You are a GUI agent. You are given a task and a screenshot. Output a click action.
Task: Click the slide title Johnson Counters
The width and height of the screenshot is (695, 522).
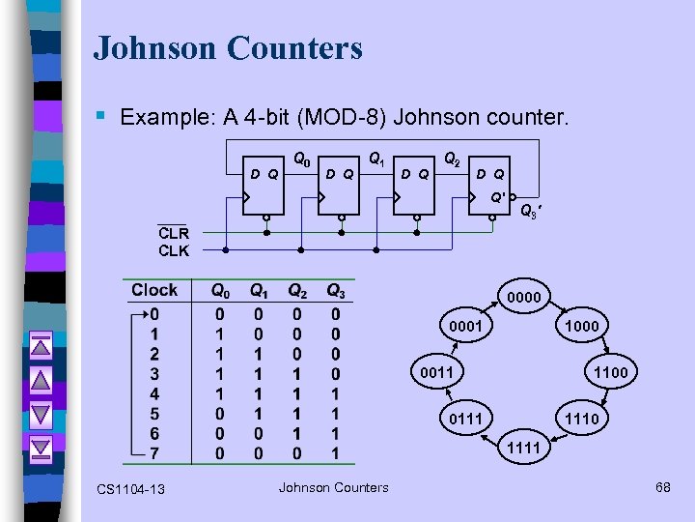pyautogui.click(x=228, y=47)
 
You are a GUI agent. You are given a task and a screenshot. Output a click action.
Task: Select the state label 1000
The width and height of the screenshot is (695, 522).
pyautogui.click(x=581, y=327)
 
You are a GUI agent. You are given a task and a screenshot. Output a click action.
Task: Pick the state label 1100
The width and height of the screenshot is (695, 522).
pyautogui.click(x=610, y=372)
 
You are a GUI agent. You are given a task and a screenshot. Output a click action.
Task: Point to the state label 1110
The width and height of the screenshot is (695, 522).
pyautogui.click(x=581, y=418)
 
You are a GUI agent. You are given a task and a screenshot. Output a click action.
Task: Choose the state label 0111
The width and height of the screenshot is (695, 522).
pyautogui.click(x=465, y=418)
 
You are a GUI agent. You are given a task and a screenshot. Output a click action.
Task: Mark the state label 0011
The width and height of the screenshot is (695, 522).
pyautogui.click(x=435, y=372)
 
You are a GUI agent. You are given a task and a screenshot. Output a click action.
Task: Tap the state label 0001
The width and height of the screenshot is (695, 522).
pyautogui.click(x=465, y=327)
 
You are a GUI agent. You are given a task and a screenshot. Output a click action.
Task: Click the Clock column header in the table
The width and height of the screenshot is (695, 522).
pyautogui.click(x=154, y=290)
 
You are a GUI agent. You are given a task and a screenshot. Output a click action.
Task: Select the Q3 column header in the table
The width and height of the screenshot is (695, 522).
pyautogui.click(x=335, y=291)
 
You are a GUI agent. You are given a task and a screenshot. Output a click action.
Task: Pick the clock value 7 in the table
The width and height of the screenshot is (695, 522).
pyautogui.click(x=154, y=453)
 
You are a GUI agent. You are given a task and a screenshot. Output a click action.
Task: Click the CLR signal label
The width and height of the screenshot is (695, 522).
pyautogui.click(x=174, y=233)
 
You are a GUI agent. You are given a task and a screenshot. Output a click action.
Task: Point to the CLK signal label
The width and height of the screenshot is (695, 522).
pyautogui.click(x=174, y=250)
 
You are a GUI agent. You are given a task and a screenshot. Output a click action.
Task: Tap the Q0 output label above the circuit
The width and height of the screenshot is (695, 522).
pyautogui.click(x=301, y=158)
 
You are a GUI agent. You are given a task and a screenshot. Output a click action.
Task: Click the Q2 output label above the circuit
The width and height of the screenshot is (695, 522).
pyautogui.click(x=451, y=158)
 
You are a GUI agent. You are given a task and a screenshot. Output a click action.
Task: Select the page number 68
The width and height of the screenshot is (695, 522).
pyautogui.click(x=662, y=487)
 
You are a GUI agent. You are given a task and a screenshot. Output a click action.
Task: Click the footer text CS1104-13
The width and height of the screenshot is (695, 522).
pyautogui.click(x=130, y=489)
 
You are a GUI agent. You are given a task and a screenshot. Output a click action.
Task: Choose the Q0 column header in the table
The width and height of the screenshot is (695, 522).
pyautogui.click(x=221, y=291)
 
